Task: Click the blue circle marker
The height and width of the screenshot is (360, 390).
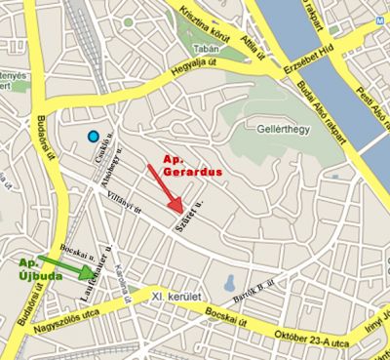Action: pyautogui.click(x=93, y=137)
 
